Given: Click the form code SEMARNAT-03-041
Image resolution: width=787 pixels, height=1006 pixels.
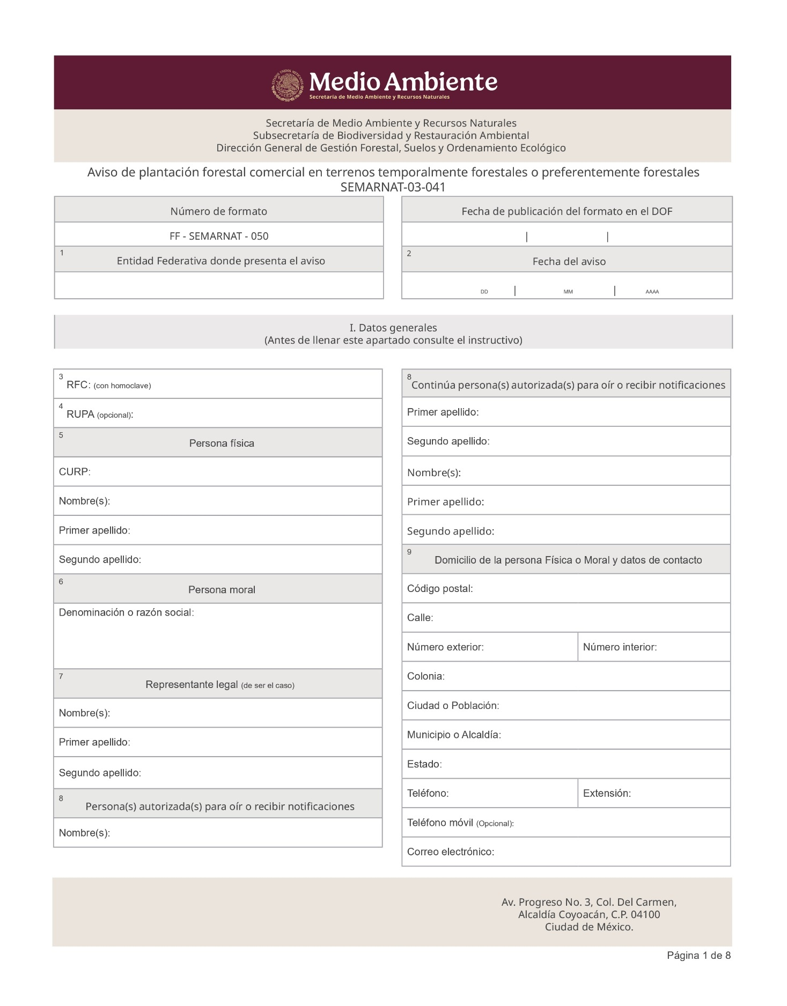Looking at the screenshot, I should pos(393,187).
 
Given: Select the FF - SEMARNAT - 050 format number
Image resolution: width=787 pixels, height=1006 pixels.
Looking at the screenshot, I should pos(219,236).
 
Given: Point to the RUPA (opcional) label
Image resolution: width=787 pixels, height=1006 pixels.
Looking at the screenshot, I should pos(100,415).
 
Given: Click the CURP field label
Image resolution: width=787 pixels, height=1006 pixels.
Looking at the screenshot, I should pos(75,472).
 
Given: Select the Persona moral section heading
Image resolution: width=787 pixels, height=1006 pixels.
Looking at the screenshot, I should pos(222,590).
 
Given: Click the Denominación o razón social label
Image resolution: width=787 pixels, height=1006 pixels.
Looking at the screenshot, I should pos(126,612).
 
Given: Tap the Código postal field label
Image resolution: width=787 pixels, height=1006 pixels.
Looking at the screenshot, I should pos(440,589).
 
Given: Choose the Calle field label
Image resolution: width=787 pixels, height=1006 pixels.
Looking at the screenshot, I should pos(420,618).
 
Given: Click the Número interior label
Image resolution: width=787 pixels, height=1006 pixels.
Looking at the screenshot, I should pos(620,647).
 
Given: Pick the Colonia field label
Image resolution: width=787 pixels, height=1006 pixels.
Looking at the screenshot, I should pos(426,676).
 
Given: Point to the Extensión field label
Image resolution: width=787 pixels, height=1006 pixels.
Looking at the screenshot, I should pos(607,794).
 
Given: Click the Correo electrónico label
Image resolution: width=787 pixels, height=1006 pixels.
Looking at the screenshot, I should pos(451,852).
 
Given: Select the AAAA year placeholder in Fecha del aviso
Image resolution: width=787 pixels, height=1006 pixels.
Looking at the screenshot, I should pos(652,292).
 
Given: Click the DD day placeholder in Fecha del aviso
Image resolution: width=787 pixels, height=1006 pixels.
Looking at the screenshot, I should pos(484,292).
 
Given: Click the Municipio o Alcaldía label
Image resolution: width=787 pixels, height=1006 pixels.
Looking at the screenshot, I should pos(454,735).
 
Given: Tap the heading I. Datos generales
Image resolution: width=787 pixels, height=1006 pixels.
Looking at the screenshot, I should pos(393,328).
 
